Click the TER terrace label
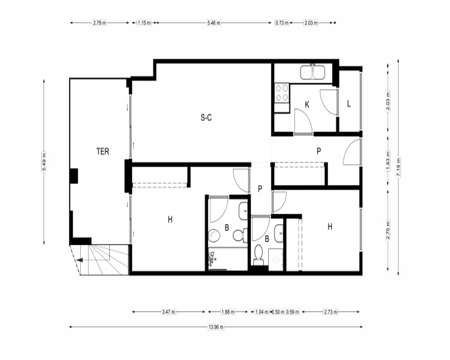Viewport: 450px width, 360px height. click(103, 151)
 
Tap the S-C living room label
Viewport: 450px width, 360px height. click(207, 117)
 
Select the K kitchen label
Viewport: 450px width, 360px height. click(307, 105)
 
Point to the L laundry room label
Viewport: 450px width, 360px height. click(349, 103)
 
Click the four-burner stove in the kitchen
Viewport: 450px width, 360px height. click(282, 93)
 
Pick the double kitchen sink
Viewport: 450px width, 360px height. click(313, 72)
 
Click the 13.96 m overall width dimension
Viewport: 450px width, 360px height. click(216, 327)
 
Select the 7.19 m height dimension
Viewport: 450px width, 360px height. click(398, 168)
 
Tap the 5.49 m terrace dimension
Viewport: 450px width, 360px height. click(44, 162)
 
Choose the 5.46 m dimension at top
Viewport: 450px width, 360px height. click(214, 22)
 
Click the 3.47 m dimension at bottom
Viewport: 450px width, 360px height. click(168, 312)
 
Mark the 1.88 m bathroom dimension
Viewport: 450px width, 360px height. click(228, 312)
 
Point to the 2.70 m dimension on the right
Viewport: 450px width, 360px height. click(388, 230)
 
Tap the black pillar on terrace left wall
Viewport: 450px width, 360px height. click(74, 175)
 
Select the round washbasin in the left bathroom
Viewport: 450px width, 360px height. click(214, 235)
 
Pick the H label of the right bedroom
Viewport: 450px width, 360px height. click(330, 227)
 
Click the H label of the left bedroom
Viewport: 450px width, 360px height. click(170, 220)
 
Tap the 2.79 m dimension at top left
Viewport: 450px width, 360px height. click(99, 22)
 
